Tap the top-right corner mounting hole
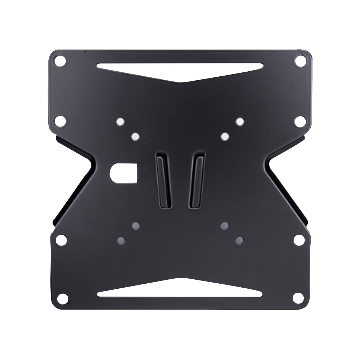[x=300, y=60]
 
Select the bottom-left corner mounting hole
[x=62, y=298]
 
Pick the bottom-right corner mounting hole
[x=298, y=298]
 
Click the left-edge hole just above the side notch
[x=60, y=121]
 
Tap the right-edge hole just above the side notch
[x=300, y=121]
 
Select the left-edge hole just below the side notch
[x=62, y=239]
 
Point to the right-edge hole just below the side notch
[x=299, y=239]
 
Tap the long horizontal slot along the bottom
[x=180, y=292]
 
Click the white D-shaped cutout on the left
[x=123, y=173]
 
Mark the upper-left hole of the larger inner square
[x=121, y=122]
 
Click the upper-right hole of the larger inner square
[x=240, y=122]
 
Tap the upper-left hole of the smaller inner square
[x=136, y=137]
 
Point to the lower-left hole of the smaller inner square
[x=136, y=226]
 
